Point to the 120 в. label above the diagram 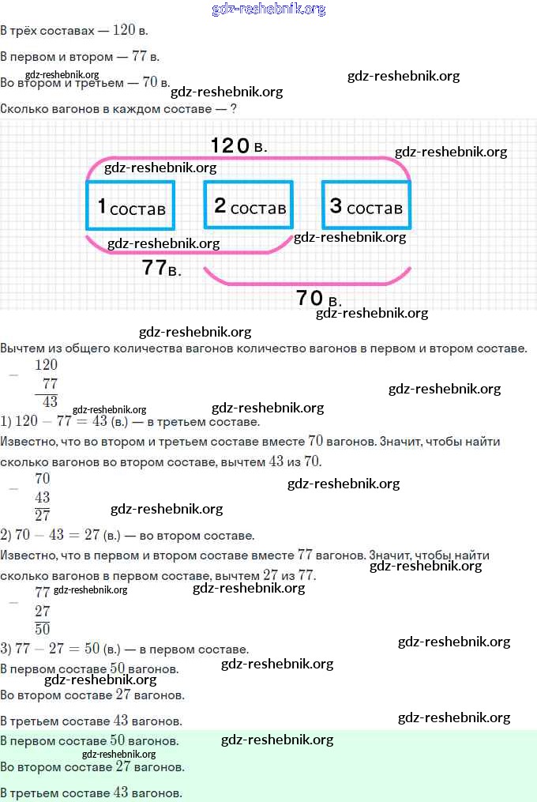[238, 145]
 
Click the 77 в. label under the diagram [162, 268]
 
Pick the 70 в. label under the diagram [318, 298]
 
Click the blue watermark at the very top [268, 9]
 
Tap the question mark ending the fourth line [233, 108]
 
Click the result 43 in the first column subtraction [50, 401]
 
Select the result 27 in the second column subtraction [43, 515]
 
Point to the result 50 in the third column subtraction [43, 629]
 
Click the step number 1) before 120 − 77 [6, 421]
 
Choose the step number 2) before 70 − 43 [6, 535]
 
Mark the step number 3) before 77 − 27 [6, 649]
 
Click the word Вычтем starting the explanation [23, 348]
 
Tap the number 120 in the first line [124, 30]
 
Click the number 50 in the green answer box [118, 740]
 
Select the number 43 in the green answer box [121, 793]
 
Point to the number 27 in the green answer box [123, 766]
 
